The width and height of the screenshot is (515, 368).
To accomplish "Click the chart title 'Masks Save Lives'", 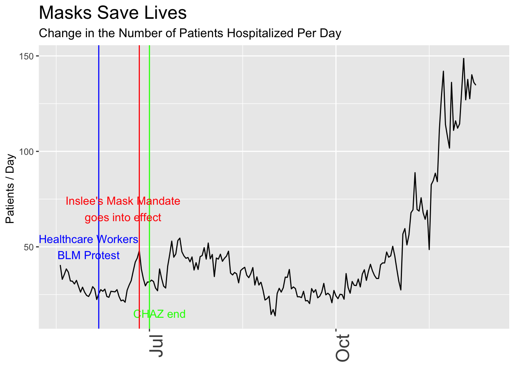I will point(113,13).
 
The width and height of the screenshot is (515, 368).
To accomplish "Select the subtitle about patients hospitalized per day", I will point(190,33).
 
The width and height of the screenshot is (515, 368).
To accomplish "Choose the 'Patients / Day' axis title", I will point(10,189).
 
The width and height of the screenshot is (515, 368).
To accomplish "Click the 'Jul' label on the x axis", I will point(156,346).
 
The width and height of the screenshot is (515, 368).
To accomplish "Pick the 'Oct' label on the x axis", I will point(343,348).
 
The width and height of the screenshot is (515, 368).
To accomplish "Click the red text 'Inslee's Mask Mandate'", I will point(123,201).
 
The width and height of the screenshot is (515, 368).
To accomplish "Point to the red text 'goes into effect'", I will point(123,218).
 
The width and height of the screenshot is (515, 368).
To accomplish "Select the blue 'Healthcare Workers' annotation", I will point(89,240).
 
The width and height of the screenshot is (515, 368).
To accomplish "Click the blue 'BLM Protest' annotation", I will point(89,256).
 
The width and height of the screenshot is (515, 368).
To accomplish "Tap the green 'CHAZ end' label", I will point(159,314).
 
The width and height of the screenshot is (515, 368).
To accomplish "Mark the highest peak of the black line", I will point(464,59).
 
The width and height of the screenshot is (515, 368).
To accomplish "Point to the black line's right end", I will point(476,85).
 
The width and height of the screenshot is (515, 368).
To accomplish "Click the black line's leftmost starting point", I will point(60,265).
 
